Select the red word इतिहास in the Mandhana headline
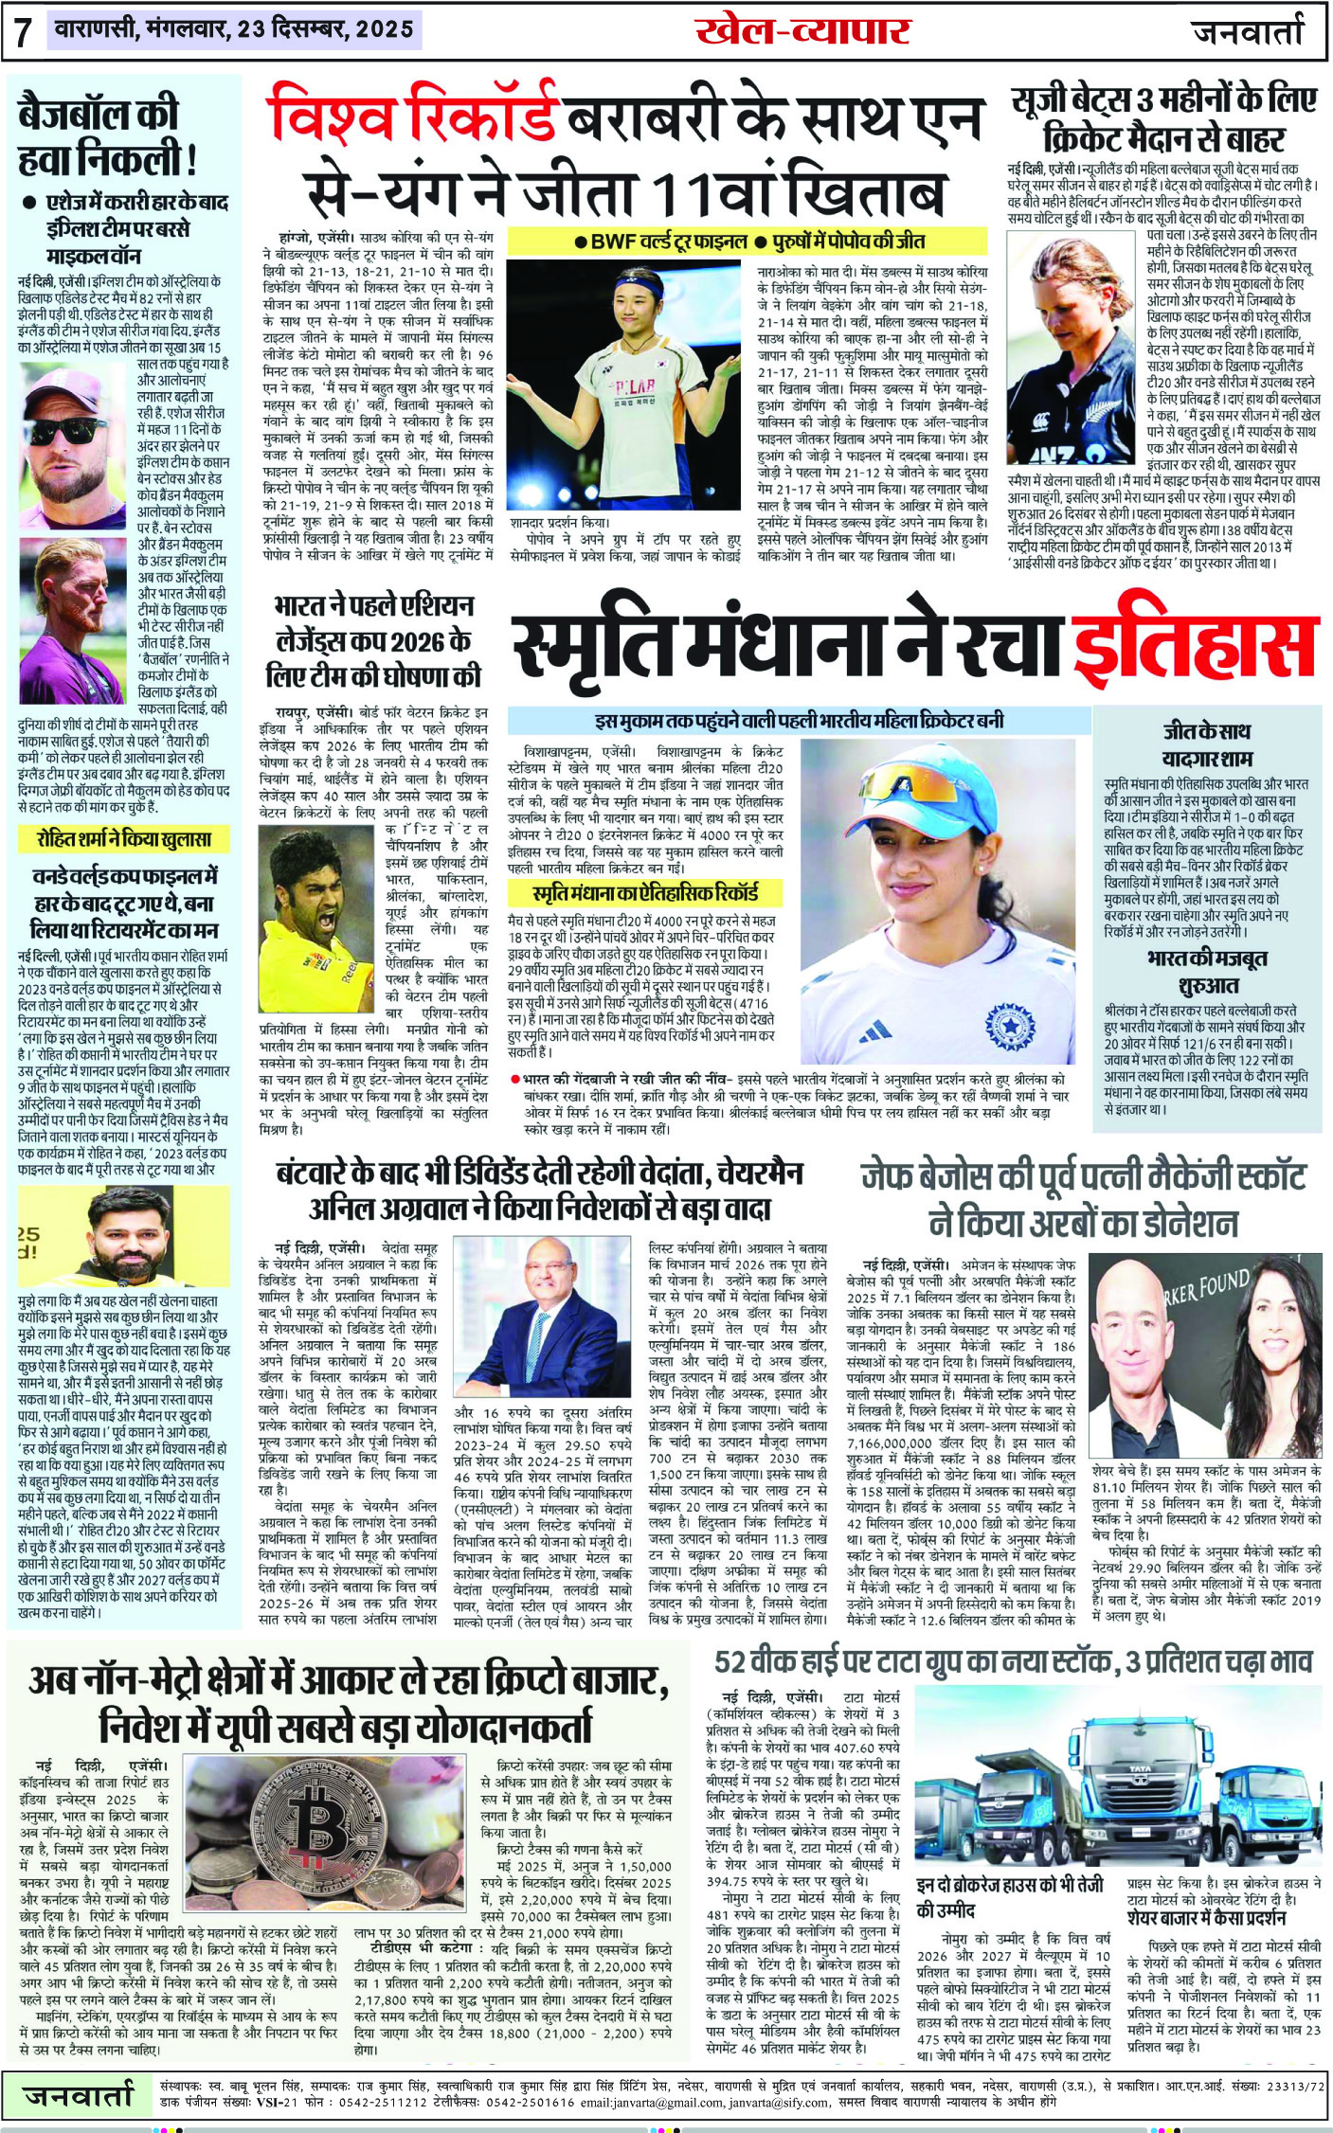(x=1196, y=647)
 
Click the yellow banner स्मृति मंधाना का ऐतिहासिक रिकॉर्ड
(x=645, y=893)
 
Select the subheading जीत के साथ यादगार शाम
(x=1207, y=744)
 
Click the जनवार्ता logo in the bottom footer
(x=80, y=2094)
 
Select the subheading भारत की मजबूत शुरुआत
(x=1207, y=971)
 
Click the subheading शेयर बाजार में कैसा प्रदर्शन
(x=1206, y=1918)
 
